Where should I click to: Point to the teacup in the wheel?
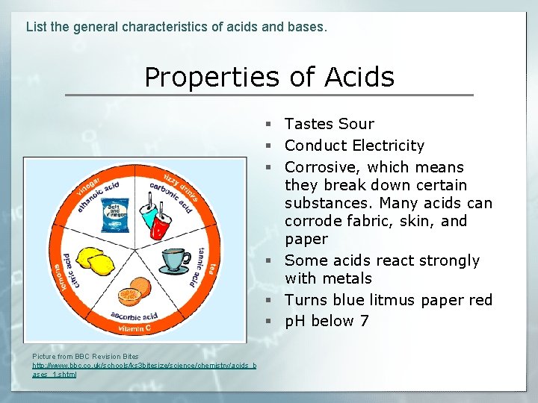pyautogui.click(x=173, y=260)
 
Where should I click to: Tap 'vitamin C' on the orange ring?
pyautogui.click(x=135, y=328)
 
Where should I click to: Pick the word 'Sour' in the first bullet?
pyautogui.click(x=356, y=124)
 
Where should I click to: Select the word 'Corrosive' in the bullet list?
pyautogui.click(x=321, y=167)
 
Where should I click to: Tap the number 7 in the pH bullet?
pyautogui.click(x=364, y=322)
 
